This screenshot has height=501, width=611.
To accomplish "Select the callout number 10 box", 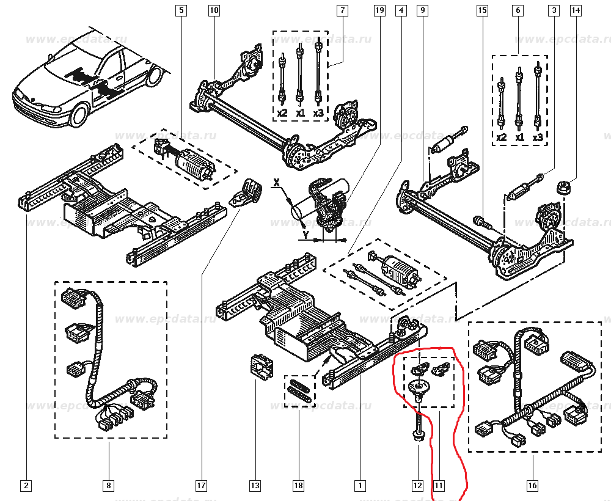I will click(x=213, y=10).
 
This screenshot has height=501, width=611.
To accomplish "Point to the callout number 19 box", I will click(x=379, y=10).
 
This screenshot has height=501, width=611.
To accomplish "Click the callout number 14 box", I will click(x=576, y=10).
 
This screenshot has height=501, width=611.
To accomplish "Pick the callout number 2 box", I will click(x=26, y=486).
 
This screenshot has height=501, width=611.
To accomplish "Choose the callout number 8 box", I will click(x=108, y=486).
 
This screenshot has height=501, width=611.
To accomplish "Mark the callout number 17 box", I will click(x=201, y=486).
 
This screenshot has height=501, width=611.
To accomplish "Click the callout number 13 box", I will click(x=255, y=486).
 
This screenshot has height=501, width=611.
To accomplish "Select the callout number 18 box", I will click(x=298, y=486).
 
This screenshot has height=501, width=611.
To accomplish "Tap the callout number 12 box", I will click(x=417, y=486).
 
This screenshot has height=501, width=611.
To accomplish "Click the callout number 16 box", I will click(x=532, y=486).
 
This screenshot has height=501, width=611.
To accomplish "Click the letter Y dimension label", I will click(x=304, y=233).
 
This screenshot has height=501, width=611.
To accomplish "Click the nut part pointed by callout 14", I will click(x=562, y=186).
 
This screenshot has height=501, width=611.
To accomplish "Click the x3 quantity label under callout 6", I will click(x=538, y=138).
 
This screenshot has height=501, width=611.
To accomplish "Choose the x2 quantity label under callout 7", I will click(x=282, y=114).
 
